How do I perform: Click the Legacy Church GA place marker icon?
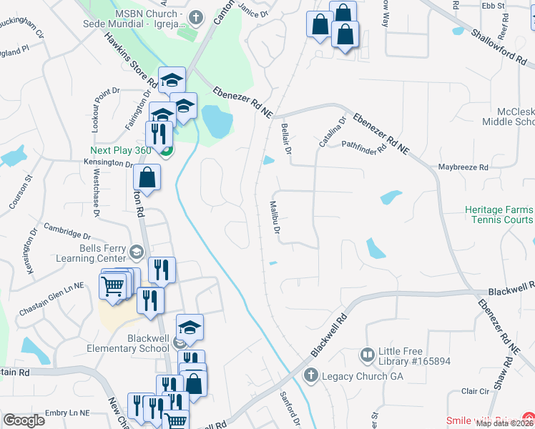(310, 375)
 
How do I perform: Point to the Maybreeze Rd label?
(463, 167)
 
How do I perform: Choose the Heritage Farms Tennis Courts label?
(499, 214)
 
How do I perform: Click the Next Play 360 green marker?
(166, 151)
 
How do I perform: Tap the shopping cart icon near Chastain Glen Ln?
(113, 285)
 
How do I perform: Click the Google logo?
(24, 420)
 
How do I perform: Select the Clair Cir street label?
(475, 391)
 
